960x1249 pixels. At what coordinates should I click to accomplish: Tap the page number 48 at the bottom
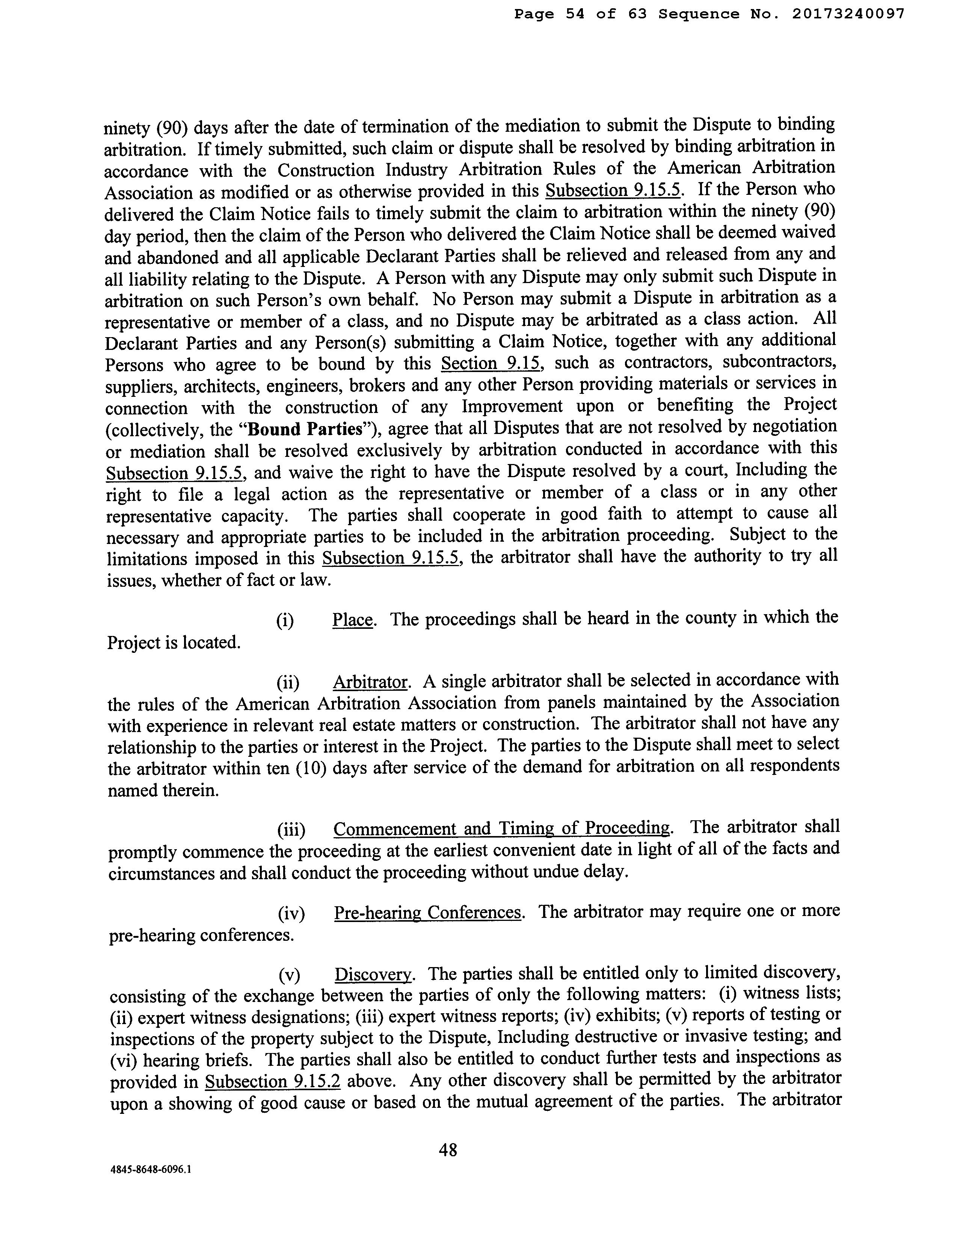(448, 1150)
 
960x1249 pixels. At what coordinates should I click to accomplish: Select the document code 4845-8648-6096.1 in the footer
(151, 1186)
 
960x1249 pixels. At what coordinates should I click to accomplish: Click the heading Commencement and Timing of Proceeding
(501, 828)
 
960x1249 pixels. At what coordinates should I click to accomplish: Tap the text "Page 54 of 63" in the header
(580, 14)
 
